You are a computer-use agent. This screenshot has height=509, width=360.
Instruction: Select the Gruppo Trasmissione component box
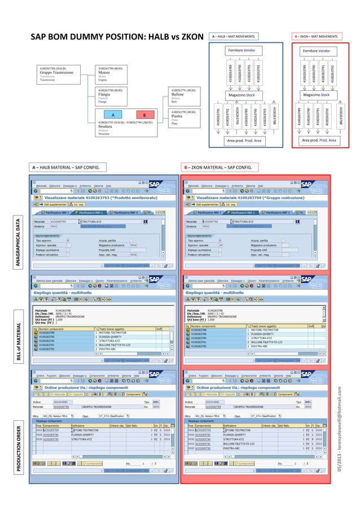coord(62,75)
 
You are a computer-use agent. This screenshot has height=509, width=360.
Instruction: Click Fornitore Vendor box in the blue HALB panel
coord(245,51)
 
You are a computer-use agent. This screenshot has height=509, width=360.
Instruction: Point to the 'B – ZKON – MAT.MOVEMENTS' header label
coord(317,37)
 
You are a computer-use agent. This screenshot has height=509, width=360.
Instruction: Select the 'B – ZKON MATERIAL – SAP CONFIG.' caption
coord(218,167)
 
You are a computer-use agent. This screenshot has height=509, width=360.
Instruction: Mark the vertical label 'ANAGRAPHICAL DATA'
coord(20,244)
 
